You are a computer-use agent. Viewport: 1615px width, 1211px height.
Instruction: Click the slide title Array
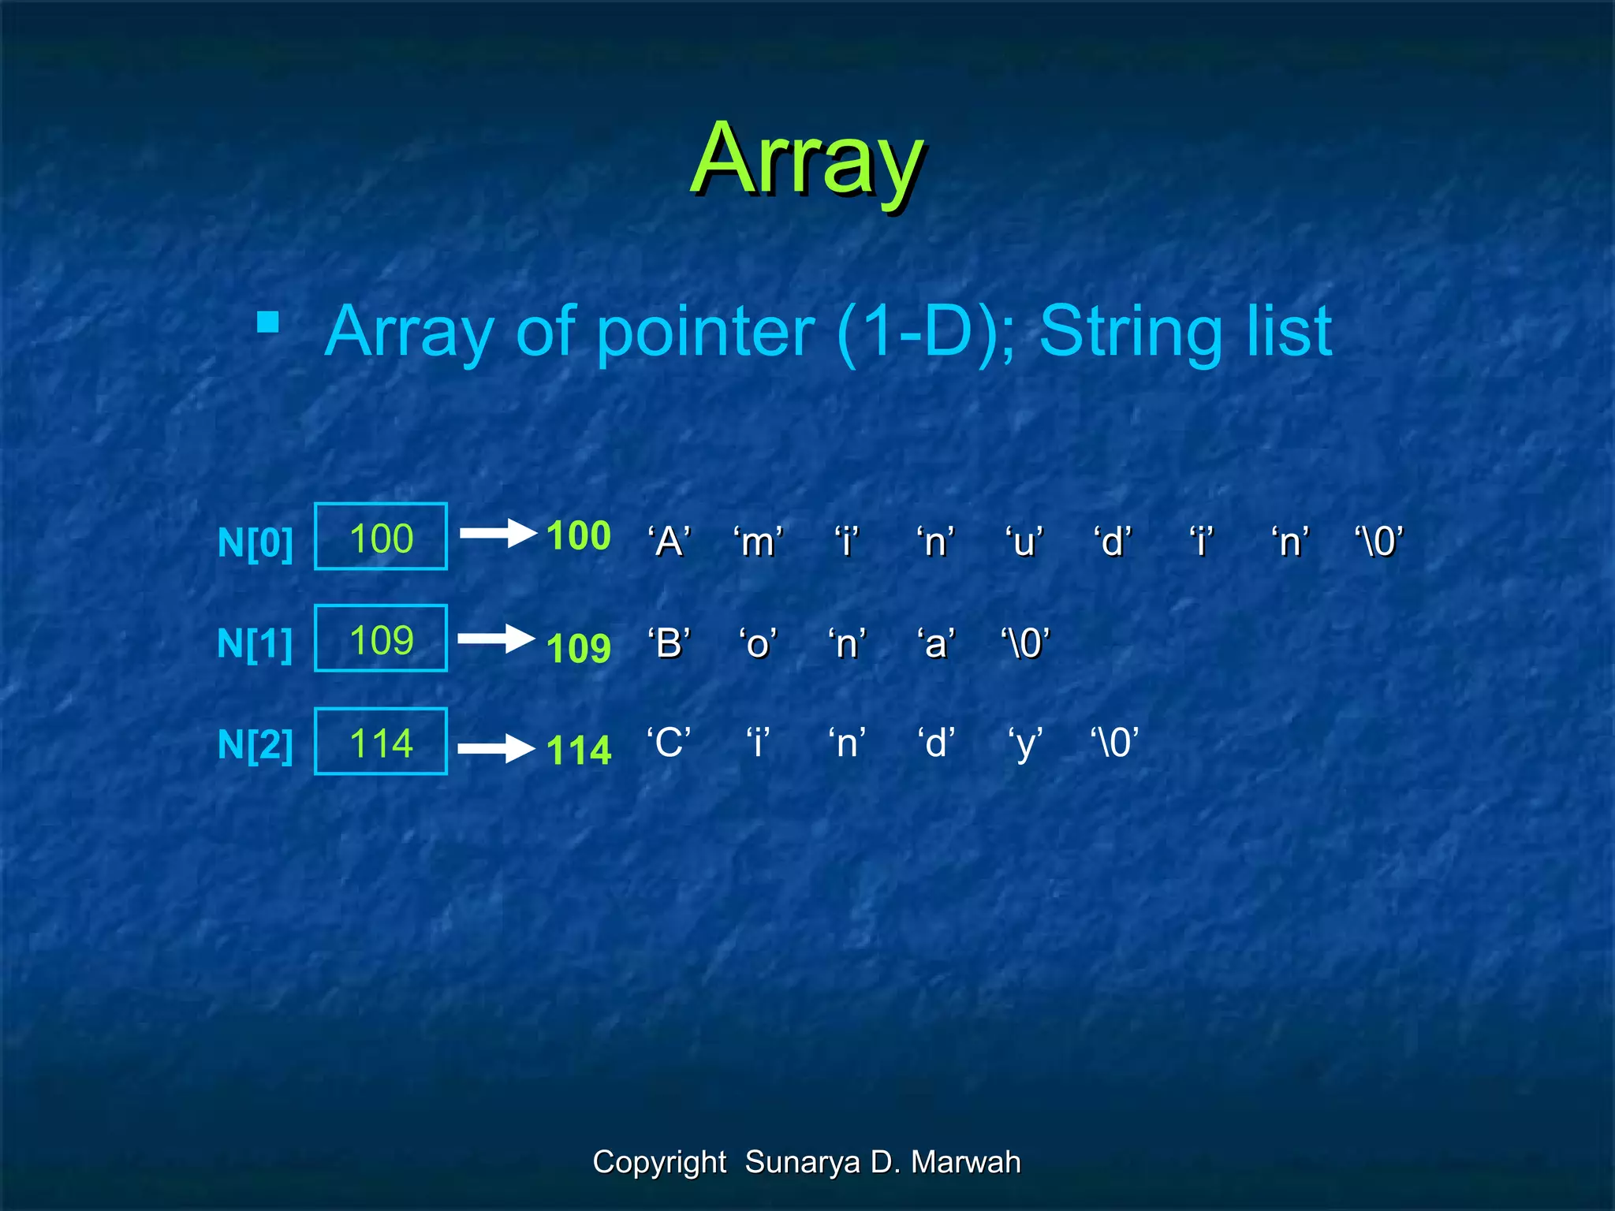click(807, 160)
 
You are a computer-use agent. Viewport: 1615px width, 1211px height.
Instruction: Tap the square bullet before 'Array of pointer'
click(268, 322)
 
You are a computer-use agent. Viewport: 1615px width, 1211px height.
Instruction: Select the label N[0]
click(255, 542)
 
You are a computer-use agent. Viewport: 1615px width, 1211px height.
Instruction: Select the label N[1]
click(255, 643)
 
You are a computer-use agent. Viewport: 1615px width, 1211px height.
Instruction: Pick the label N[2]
click(255, 744)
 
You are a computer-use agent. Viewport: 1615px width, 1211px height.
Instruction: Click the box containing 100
click(381, 536)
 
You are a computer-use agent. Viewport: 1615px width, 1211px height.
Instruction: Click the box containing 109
click(381, 638)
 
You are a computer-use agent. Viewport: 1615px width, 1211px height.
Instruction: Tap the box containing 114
click(381, 741)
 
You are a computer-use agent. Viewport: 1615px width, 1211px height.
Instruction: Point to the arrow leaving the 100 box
click(498, 534)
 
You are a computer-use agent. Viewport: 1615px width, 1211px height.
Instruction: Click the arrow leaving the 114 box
click(496, 747)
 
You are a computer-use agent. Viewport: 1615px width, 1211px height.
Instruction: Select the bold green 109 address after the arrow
click(579, 648)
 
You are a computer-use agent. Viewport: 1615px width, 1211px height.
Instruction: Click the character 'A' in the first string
click(669, 542)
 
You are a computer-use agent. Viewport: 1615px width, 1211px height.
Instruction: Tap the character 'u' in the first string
click(1024, 542)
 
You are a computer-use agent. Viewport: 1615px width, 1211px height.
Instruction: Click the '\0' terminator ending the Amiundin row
click(1379, 542)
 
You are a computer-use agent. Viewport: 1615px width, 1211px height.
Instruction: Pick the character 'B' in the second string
click(669, 643)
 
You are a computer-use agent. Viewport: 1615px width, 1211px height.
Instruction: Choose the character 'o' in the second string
click(758, 643)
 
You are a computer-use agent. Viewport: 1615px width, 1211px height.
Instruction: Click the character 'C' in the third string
click(669, 743)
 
